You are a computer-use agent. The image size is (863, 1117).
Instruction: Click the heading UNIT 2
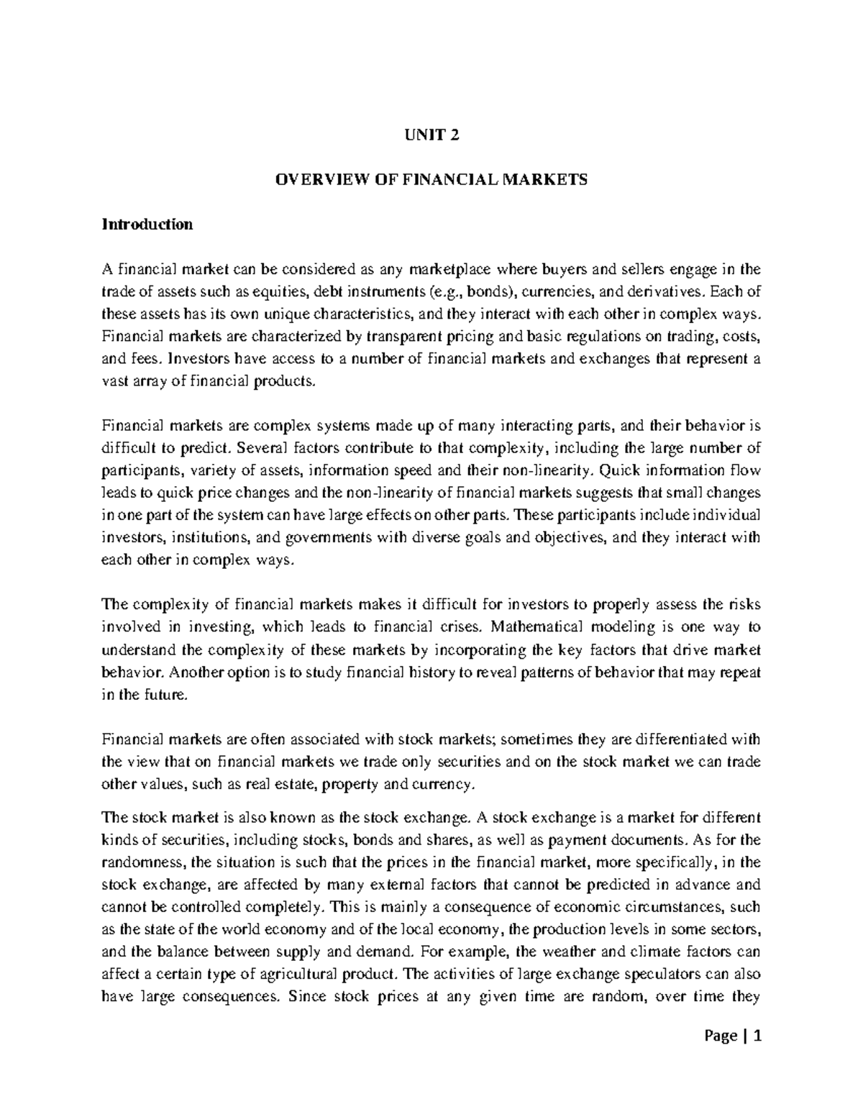tap(431, 135)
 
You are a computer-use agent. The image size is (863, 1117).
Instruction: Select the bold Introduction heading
tap(147, 224)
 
